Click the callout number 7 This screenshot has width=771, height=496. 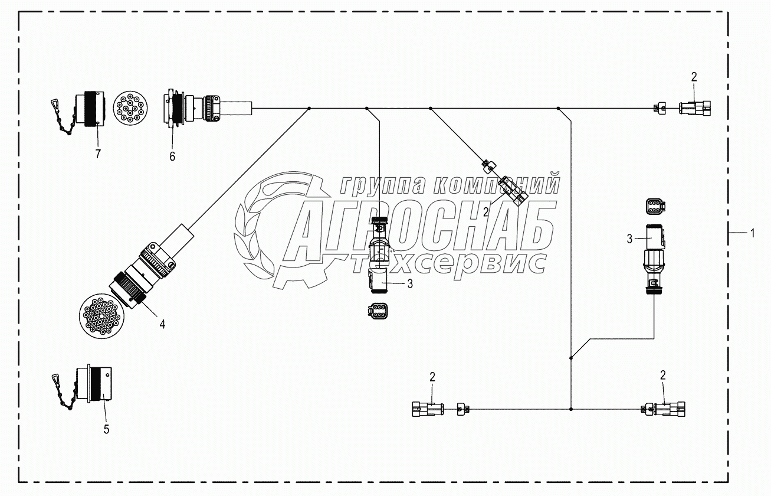(x=98, y=154)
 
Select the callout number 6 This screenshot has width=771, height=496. (x=172, y=156)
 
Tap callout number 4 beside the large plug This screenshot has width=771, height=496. (x=162, y=323)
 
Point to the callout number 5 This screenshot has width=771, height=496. (x=106, y=429)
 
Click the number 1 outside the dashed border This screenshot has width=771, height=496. (x=752, y=233)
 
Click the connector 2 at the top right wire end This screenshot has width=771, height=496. (x=694, y=108)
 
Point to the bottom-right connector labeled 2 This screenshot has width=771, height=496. (x=667, y=408)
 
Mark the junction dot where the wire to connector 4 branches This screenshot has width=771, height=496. (x=310, y=108)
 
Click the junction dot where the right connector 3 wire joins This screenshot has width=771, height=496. (x=571, y=357)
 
